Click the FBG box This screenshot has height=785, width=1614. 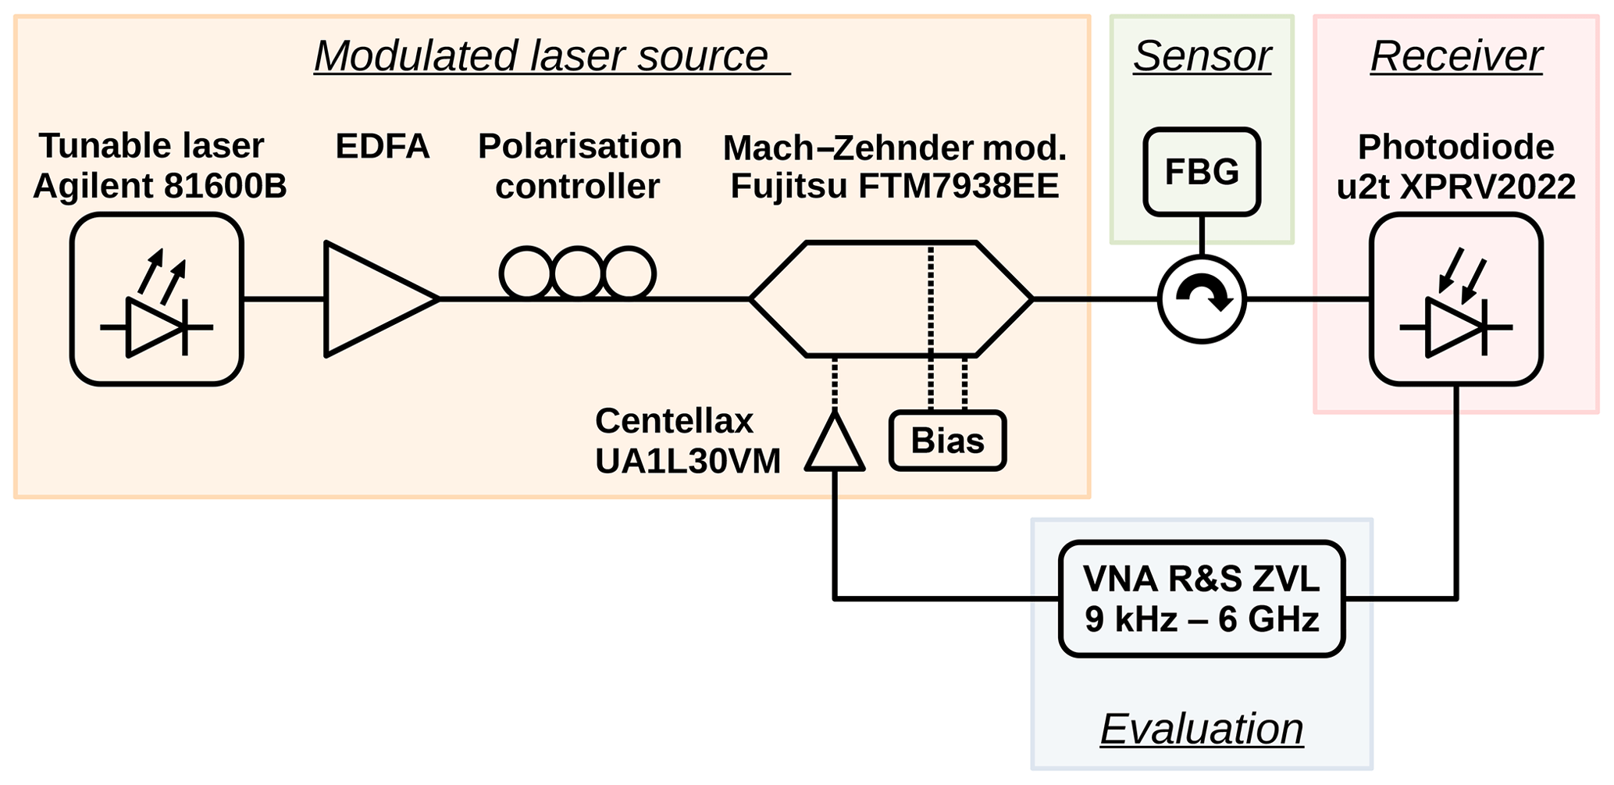1201,172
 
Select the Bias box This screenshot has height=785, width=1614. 947,441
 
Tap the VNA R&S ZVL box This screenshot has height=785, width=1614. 1201,598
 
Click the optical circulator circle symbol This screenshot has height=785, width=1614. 1201,298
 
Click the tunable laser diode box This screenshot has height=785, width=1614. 156,299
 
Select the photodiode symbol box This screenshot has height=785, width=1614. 1455,299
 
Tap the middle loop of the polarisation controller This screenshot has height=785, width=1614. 578,273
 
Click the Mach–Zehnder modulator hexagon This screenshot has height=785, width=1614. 890,299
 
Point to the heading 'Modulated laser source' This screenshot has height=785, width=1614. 541,56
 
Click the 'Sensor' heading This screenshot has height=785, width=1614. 1202,56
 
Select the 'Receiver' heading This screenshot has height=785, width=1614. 1456,56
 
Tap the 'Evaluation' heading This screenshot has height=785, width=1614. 1202,729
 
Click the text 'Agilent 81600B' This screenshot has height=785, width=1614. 160,186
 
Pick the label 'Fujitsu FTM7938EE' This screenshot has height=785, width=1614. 895,186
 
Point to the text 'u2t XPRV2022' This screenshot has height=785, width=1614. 1456,187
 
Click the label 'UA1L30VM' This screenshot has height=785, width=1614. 688,461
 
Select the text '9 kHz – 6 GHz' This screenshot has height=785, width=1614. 1202,619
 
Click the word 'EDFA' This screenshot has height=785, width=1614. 383,146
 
